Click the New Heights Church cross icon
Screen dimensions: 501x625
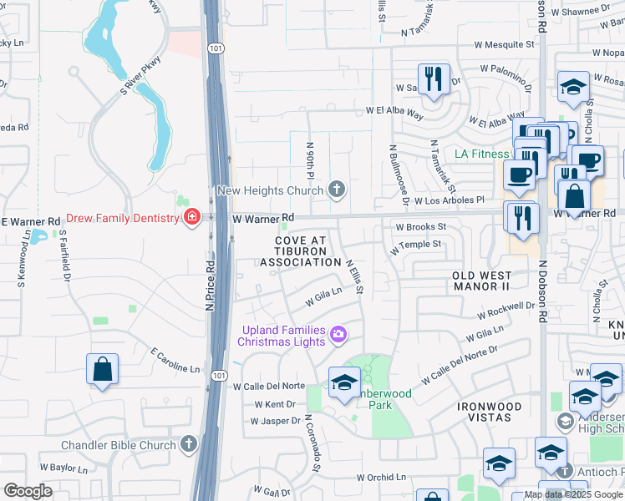[337, 190]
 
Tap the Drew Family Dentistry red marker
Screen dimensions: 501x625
[192, 218]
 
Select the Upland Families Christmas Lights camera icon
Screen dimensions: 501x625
[338, 335]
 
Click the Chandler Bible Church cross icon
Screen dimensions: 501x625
[190, 444]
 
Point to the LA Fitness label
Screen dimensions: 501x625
[481, 154]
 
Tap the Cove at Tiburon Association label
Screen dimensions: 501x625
[301, 251]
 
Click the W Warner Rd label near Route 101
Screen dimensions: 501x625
[263, 218]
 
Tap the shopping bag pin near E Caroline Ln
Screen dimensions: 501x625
[102, 370]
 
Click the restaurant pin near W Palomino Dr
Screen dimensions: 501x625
[433, 79]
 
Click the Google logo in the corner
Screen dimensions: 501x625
[28, 491]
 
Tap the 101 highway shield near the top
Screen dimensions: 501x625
[216, 48]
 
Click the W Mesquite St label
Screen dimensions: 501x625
[506, 43]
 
